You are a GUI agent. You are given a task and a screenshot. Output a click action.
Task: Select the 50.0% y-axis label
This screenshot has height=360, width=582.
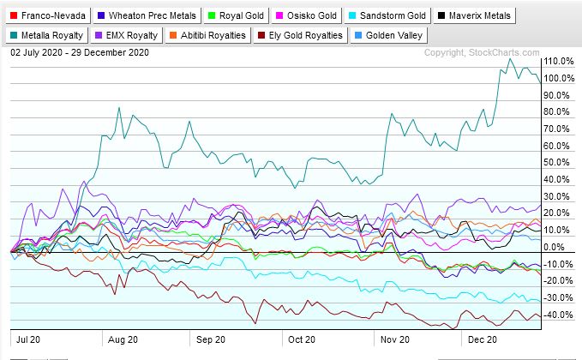pos(560,163)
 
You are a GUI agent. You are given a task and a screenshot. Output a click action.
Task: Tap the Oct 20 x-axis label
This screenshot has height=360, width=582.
pos(301,339)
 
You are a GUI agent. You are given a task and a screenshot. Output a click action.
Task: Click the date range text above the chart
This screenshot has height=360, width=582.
pos(80,53)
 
